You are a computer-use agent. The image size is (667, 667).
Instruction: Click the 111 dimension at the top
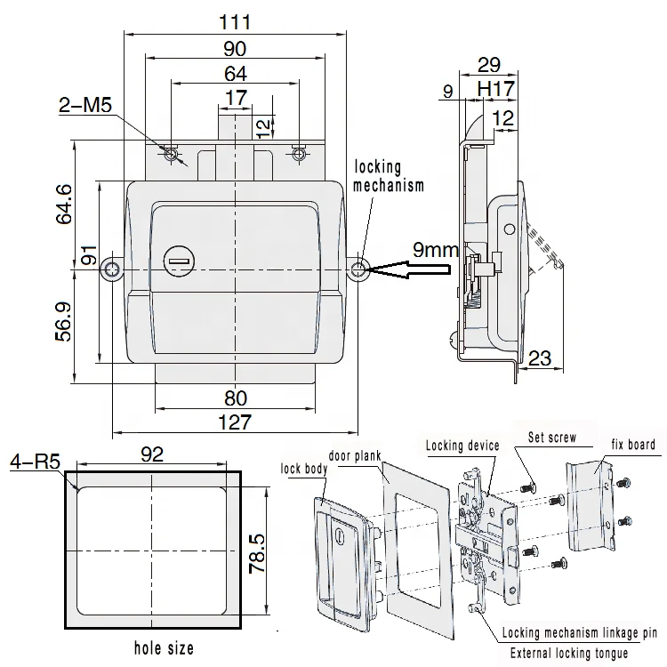235,22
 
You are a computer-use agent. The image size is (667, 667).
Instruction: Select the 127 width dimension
235,422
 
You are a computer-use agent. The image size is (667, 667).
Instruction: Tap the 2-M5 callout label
84,107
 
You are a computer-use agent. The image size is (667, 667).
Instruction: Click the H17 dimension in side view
494,89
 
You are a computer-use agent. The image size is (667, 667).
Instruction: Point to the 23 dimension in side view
539,359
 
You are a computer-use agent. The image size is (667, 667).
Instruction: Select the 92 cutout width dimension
152,454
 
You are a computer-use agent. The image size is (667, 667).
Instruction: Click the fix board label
632,445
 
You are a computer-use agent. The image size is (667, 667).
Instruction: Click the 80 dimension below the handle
235,398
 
